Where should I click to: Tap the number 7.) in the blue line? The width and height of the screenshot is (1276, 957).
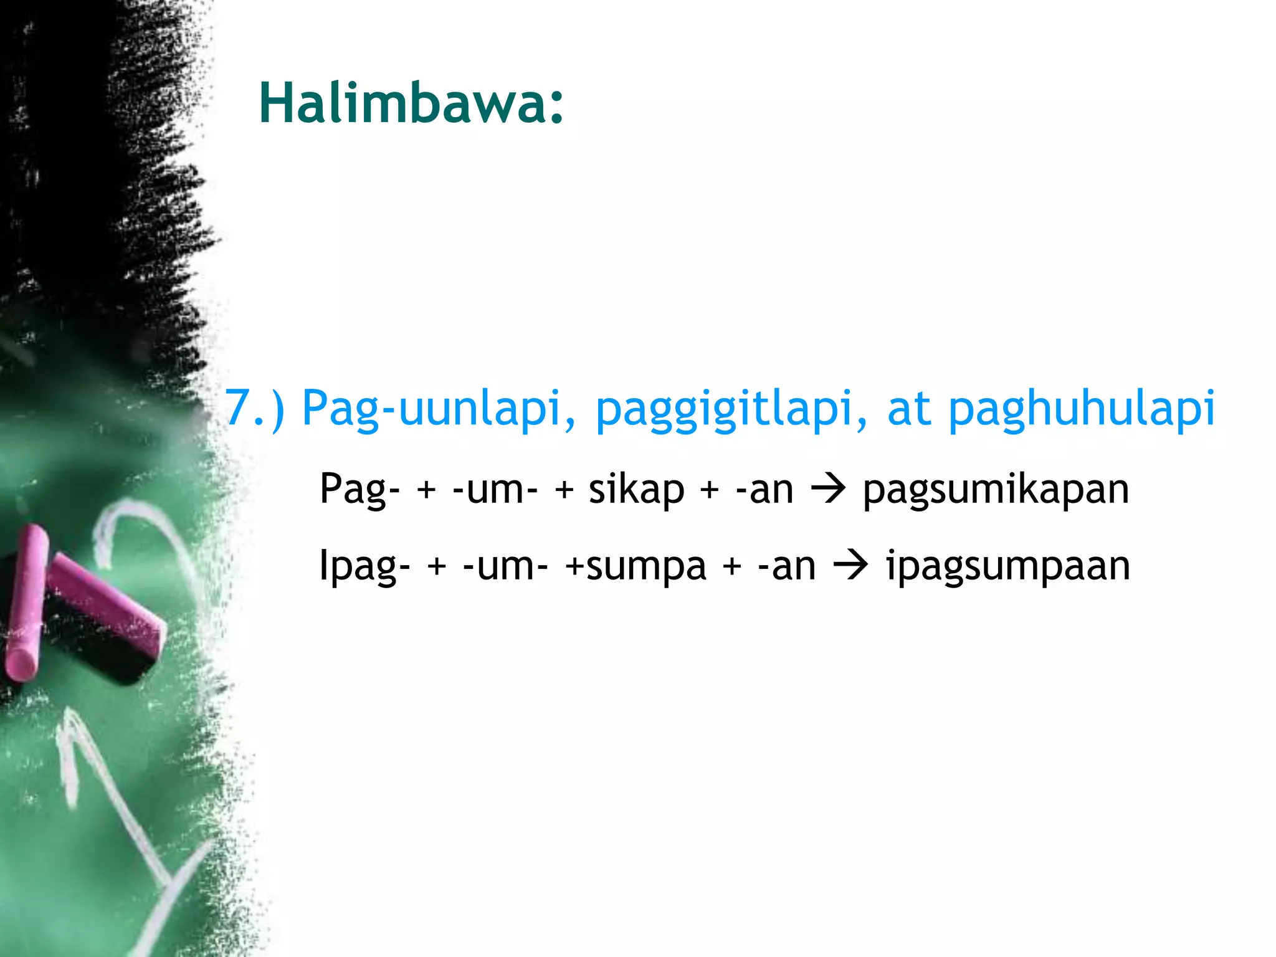pyautogui.click(x=254, y=408)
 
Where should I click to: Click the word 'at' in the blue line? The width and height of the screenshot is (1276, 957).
pyautogui.click(x=908, y=408)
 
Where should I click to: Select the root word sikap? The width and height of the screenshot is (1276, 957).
pyautogui.click(x=636, y=490)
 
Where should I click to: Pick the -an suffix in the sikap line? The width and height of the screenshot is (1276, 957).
pyautogui.click(x=764, y=490)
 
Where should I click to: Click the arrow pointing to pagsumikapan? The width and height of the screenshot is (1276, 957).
pyautogui.click(x=828, y=490)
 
